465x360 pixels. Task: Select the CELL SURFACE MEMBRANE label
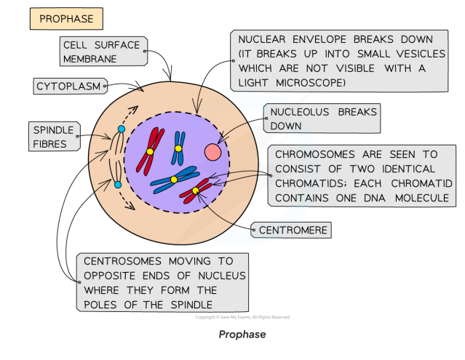pyautogui.click(x=101, y=52)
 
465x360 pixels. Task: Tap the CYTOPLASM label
pyautogui.click(x=68, y=87)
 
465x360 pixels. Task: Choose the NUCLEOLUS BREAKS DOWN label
pyautogui.click(x=321, y=119)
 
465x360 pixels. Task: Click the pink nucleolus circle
pyautogui.click(x=213, y=151)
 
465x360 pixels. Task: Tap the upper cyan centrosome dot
pyautogui.click(x=121, y=129)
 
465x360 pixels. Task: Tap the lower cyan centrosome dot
pyautogui.click(x=118, y=184)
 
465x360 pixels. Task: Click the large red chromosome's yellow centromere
pyautogui.click(x=149, y=152)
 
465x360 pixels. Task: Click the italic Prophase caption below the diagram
pyautogui.click(x=242, y=335)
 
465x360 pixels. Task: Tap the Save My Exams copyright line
pyautogui.click(x=242, y=317)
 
